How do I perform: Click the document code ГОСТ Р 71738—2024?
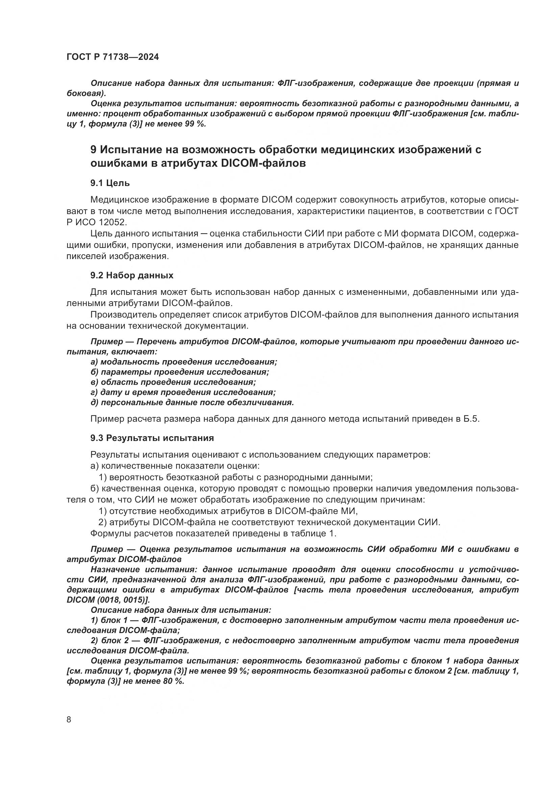tap(113, 57)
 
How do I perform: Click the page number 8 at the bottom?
tap(69, 719)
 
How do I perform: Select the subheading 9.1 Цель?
tap(110, 183)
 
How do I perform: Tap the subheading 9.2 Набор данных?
tap(132, 275)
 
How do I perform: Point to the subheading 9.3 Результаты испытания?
tap(152, 438)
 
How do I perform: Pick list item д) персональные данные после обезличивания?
tap(192, 402)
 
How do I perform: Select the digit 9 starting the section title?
tap(93, 149)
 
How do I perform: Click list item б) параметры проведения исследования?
tap(180, 372)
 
